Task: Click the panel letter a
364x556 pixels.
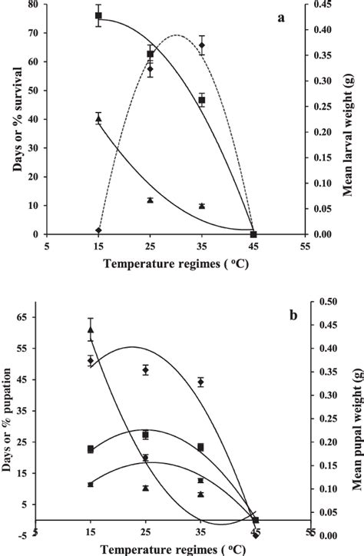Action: [283, 17]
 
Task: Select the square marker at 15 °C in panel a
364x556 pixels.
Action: [98, 15]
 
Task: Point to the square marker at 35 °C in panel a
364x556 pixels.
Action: [202, 100]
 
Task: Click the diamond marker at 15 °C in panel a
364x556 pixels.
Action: [98, 230]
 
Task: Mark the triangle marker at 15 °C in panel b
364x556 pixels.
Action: [91, 329]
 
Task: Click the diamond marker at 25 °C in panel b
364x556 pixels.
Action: [146, 370]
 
